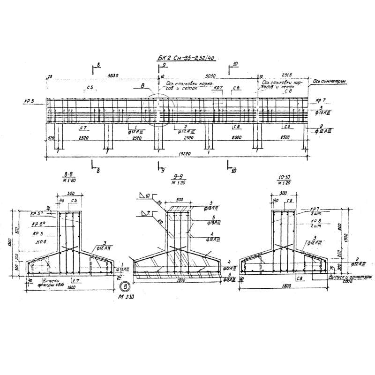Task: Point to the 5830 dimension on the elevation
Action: click(112, 75)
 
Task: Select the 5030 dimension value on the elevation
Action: click(210, 75)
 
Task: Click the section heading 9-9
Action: click(178, 178)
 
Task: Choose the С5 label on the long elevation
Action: click(89, 88)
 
